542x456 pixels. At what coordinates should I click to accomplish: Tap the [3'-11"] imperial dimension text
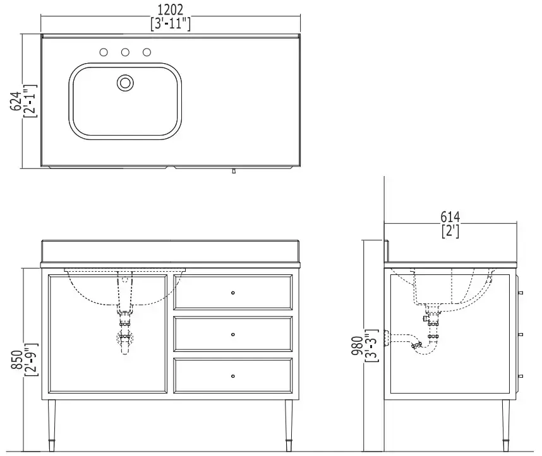[171, 24]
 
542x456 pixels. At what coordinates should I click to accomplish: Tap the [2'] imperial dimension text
[450, 231]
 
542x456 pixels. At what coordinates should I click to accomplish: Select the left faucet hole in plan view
[104, 52]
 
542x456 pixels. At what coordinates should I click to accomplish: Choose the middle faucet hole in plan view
[126, 52]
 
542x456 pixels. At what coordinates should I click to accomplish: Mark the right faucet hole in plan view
[147, 52]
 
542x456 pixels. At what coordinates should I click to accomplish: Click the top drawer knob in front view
[233, 293]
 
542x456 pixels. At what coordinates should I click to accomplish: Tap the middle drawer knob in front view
[233, 334]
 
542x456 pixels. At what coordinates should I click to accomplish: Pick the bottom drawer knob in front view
[233, 376]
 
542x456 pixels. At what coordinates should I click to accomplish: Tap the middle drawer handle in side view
[521, 334]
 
